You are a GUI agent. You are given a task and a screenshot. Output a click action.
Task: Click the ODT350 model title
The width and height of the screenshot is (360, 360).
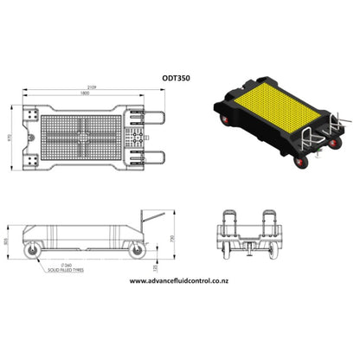(x=177, y=77)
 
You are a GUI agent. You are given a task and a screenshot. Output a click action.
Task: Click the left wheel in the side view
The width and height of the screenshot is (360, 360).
(x=34, y=250)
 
